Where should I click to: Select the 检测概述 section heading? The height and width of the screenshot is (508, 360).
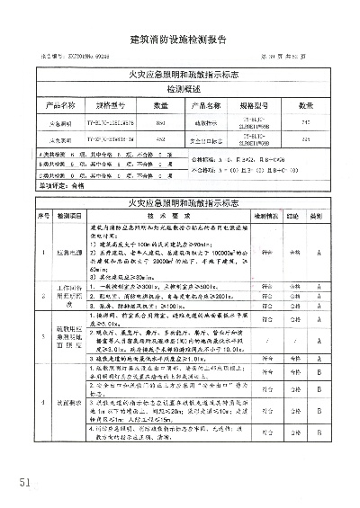pyautogui.click(x=179, y=91)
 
